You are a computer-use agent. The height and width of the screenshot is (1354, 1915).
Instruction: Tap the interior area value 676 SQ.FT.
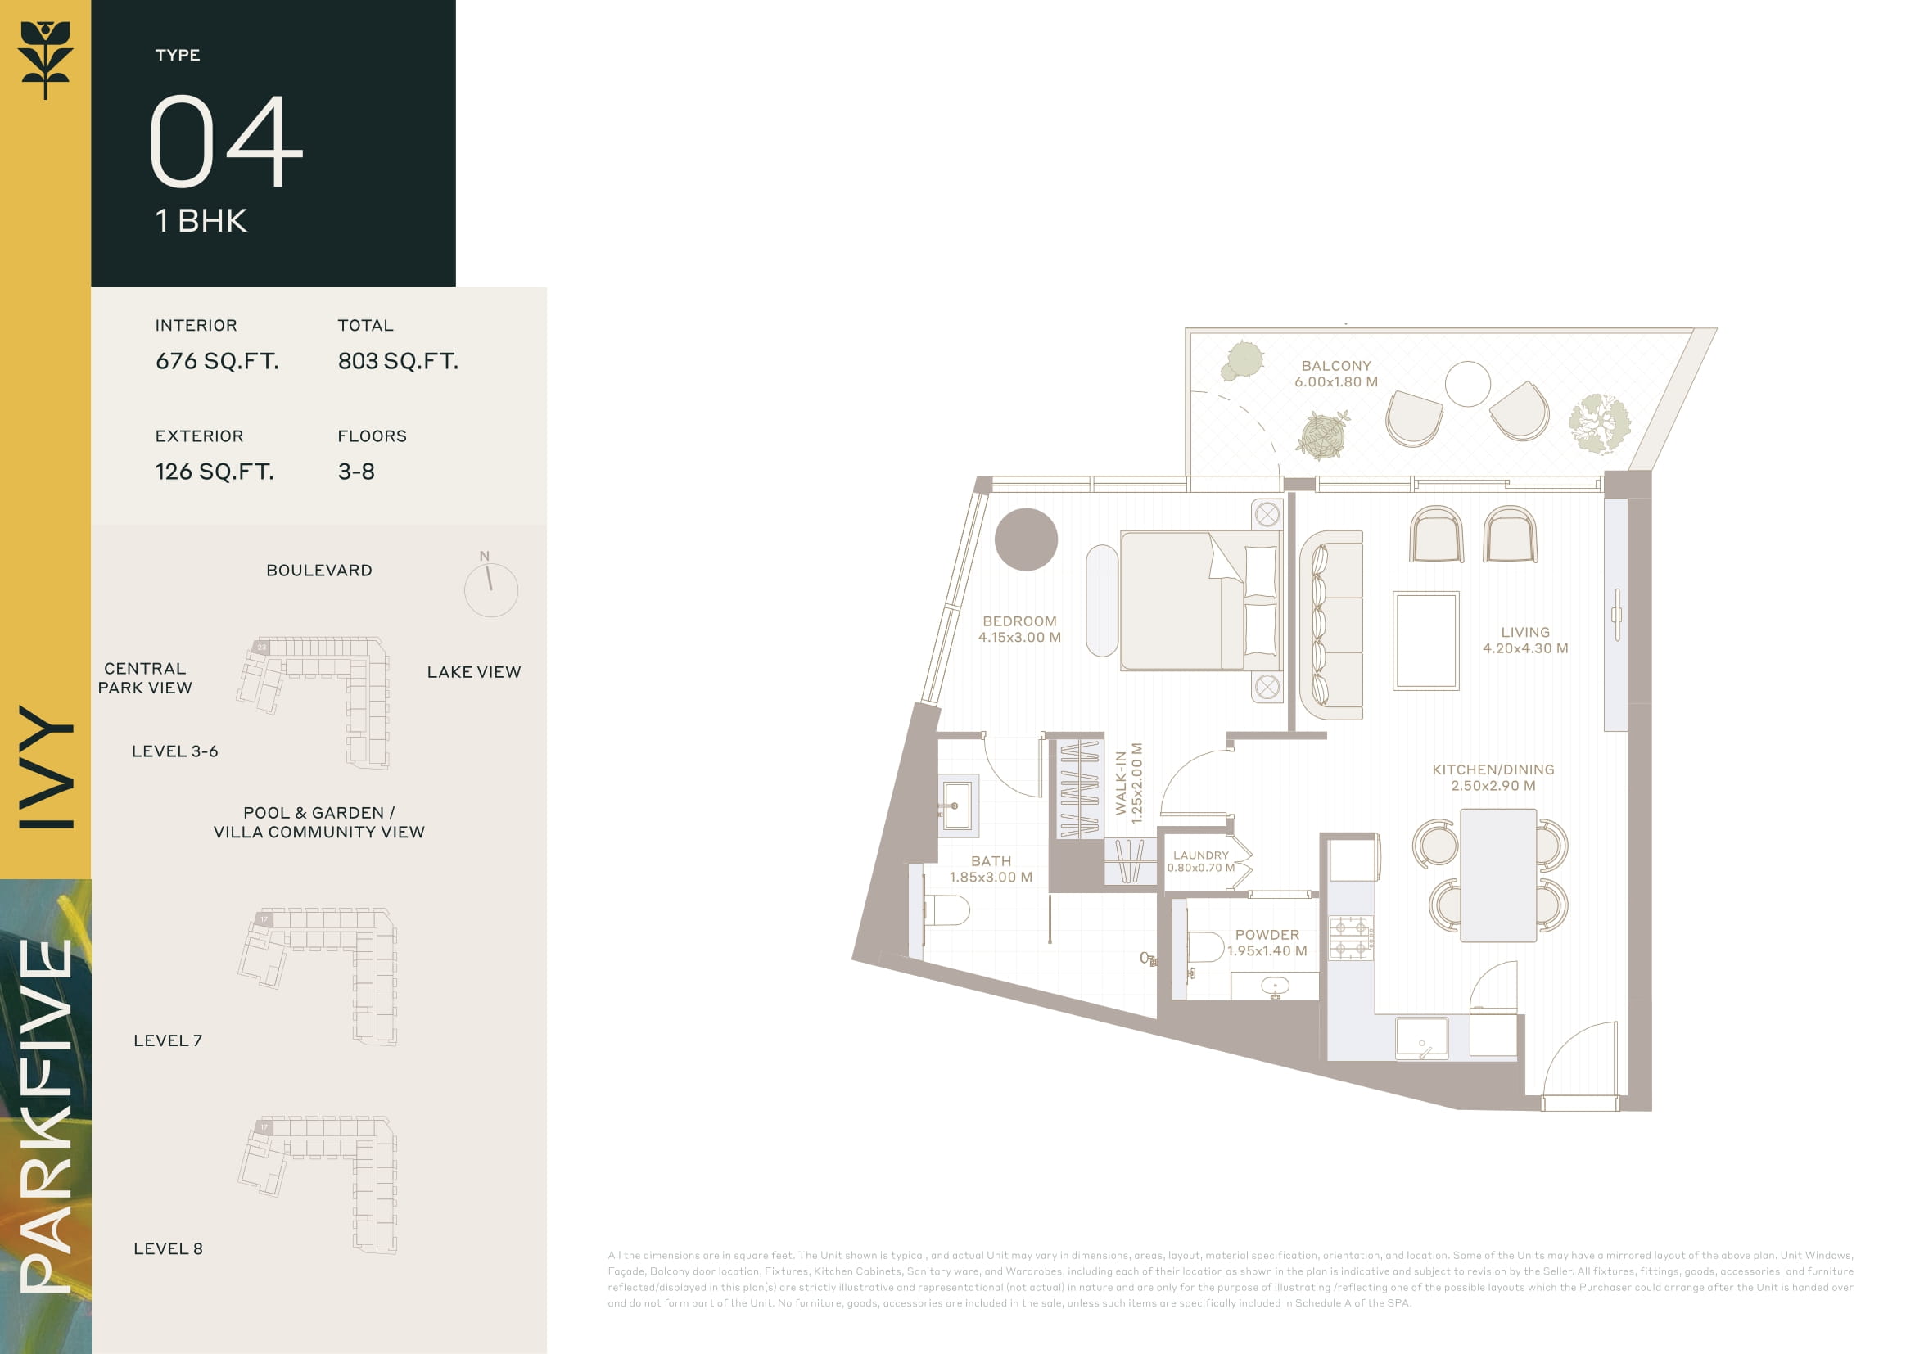coord(217,361)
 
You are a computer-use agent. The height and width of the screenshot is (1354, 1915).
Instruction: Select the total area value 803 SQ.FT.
coord(398,361)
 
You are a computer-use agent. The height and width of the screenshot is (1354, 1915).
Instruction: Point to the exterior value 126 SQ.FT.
coord(215,472)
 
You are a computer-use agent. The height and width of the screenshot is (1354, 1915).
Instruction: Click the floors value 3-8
coord(356,472)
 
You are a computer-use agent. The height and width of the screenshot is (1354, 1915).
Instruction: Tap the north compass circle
coord(491,590)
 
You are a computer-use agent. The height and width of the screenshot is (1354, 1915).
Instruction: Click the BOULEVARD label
coord(319,571)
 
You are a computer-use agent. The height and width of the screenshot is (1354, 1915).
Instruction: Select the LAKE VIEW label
coord(474,672)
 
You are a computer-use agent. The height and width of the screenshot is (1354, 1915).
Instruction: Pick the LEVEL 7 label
coord(168,1040)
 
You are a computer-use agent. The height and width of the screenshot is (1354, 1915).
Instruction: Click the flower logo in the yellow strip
coord(46,60)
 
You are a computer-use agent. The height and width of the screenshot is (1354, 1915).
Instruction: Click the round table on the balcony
coord(1467,383)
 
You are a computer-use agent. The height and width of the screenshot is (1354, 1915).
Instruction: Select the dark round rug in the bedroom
coord(1026,539)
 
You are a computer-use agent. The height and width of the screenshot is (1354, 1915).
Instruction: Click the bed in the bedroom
coord(1199,600)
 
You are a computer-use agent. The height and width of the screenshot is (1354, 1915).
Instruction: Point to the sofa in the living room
coord(1331,625)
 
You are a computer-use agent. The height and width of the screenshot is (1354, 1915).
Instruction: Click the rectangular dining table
coord(1498,875)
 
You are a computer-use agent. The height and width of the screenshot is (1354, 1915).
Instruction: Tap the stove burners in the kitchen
coord(1350,938)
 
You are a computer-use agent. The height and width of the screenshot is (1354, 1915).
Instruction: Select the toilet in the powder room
coord(1204,946)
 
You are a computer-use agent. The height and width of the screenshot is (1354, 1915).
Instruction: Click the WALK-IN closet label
coord(1128,783)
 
